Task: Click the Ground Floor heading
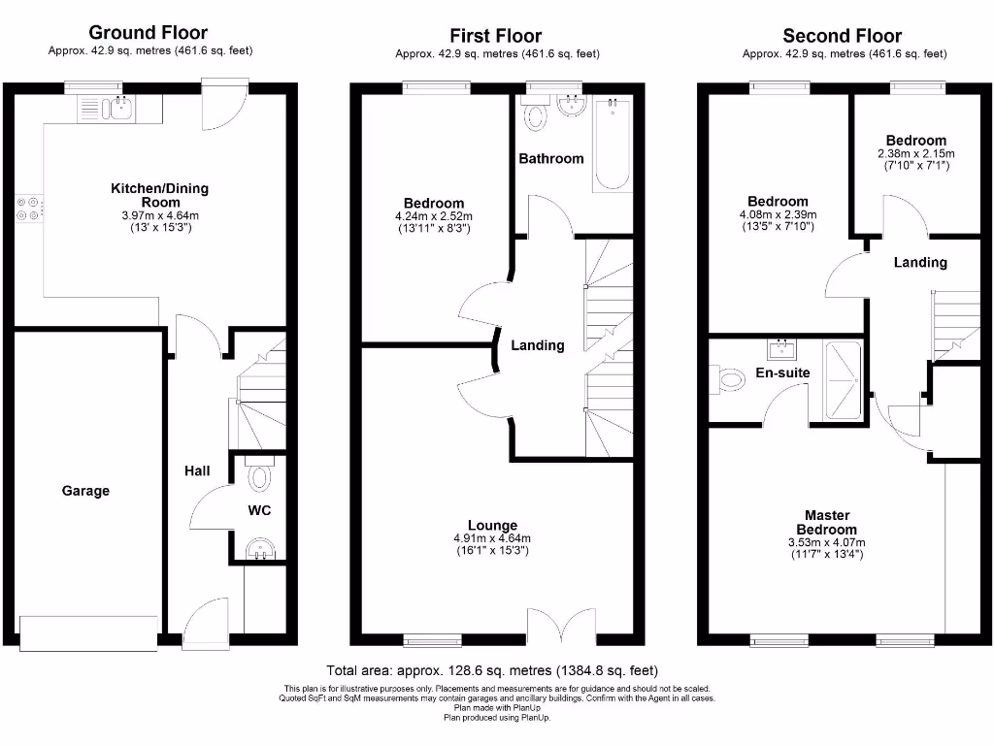[x=149, y=34]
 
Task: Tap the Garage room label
[x=85, y=491]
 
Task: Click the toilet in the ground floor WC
[x=259, y=476]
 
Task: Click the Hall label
[x=197, y=470]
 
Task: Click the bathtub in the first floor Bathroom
[x=612, y=143]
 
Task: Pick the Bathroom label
[x=550, y=158]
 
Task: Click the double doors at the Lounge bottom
[x=561, y=625]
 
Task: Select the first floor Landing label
[x=538, y=345]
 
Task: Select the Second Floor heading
[x=843, y=36]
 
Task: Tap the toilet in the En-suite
[x=729, y=379]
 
